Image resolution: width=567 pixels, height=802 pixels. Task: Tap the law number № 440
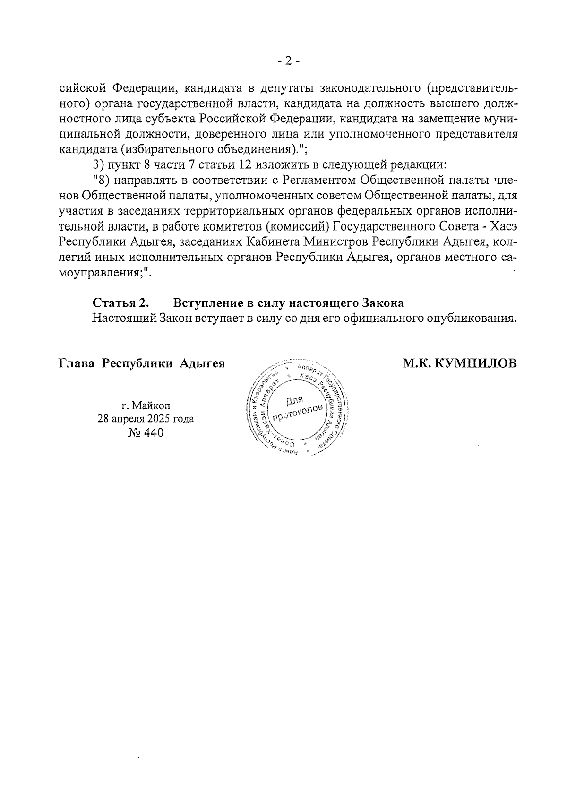146,432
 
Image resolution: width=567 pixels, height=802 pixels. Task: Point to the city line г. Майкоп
146,405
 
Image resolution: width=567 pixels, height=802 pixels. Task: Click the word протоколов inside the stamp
300,412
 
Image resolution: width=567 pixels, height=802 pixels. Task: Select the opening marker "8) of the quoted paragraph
101,180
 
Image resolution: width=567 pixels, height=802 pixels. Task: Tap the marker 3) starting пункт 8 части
98,165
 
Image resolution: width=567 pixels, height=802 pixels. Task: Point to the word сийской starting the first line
81,88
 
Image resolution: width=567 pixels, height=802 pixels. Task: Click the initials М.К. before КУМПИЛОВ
416,363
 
